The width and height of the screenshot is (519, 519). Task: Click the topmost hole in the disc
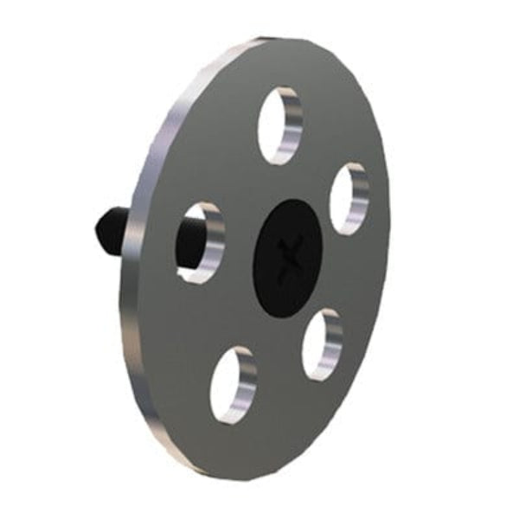[x=279, y=125]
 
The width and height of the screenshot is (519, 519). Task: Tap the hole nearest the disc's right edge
[x=349, y=198]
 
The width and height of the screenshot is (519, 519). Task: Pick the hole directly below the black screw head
[x=321, y=345]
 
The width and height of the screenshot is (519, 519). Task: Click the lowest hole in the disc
[x=232, y=384]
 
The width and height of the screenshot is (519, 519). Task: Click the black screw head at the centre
[x=287, y=258]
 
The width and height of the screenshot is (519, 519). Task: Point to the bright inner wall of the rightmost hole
[x=359, y=199]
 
